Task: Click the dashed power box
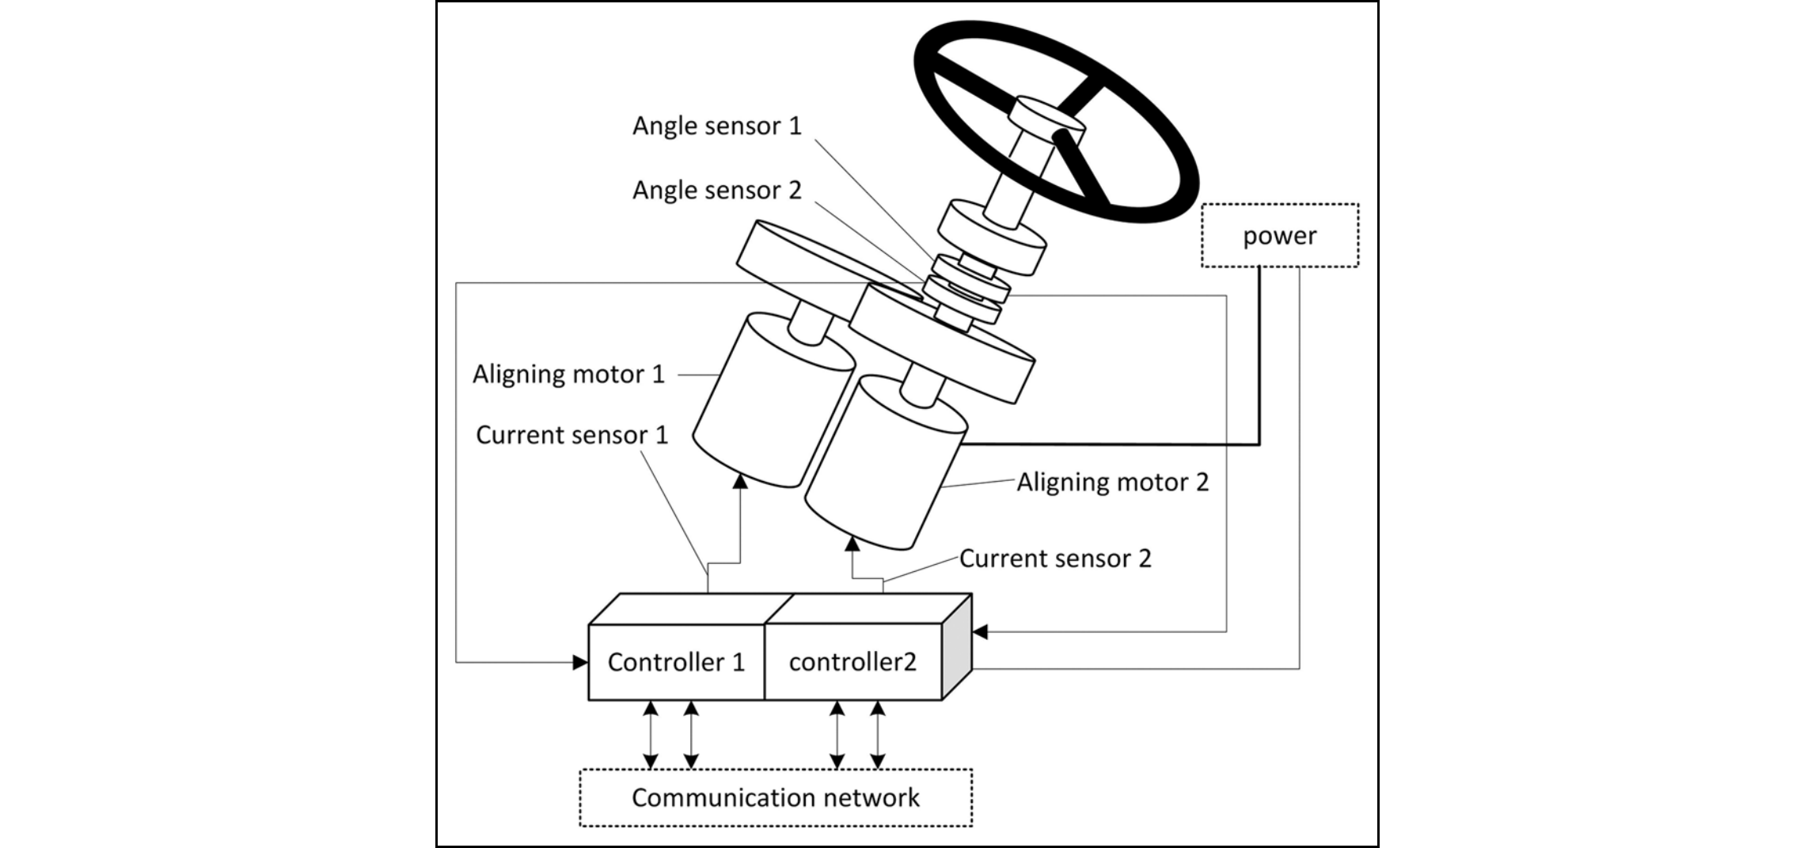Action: [x=1279, y=236]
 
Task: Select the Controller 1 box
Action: [x=676, y=662]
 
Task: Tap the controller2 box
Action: [x=852, y=662]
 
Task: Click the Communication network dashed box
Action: [x=776, y=797]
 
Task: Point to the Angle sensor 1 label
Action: [x=716, y=126]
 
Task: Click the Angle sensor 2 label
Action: [x=716, y=190]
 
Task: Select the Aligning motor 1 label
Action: [x=568, y=374]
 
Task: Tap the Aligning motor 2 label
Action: [x=1112, y=483]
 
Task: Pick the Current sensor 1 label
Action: [x=571, y=435]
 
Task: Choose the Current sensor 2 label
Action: [x=1055, y=558]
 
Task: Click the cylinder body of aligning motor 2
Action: [x=883, y=467]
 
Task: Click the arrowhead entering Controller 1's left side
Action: [x=580, y=662]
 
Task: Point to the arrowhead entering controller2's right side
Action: [x=981, y=631]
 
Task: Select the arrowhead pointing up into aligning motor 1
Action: [x=740, y=480]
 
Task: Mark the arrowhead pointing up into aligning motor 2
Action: [x=852, y=543]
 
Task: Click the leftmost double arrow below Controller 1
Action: [x=651, y=735]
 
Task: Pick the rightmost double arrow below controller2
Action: [x=877, y=735]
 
